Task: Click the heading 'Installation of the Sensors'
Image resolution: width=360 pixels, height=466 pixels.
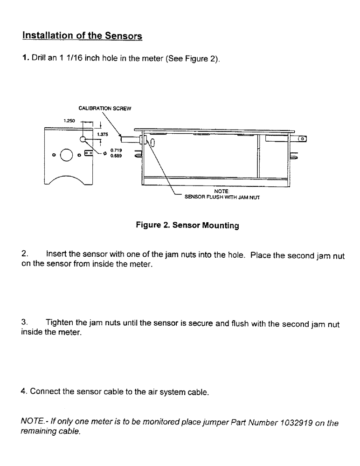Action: (x=82, y=35)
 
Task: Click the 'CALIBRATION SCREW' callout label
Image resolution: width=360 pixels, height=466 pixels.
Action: (x=105, y=109)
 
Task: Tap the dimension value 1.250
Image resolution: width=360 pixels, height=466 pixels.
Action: (x=70, y=120)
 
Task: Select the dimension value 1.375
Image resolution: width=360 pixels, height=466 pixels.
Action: (x=103, y=134)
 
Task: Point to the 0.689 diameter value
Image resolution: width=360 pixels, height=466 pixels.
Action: (x=116, y=156)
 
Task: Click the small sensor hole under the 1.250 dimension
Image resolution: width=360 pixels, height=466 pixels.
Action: (x=83, y=139)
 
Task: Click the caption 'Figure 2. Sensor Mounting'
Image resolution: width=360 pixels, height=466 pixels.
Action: (x=187, y=226)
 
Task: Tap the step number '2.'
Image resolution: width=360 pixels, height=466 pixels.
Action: (x=25, y=254)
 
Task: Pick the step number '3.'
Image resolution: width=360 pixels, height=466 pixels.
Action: (x=25, y=323)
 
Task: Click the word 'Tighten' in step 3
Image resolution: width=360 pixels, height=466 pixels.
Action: (x=59, y=323)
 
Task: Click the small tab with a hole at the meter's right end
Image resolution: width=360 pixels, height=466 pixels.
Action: (x=303, y=138)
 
